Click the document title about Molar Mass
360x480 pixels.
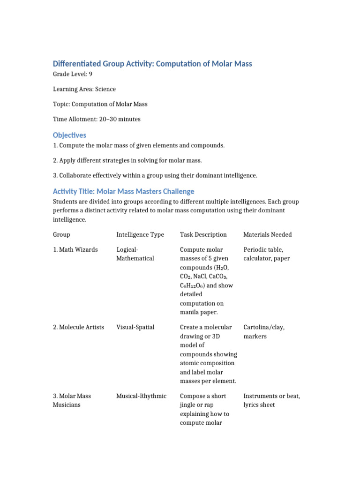[152, 64]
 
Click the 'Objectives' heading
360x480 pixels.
[69, 135]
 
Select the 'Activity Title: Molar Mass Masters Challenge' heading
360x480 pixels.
[123, 191]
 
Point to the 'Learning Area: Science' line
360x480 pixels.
[84, 89]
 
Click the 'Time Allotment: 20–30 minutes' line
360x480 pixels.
[97, 119]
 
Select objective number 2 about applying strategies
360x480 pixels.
[127, 160]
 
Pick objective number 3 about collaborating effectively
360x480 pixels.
[155, 175]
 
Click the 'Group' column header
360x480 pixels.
[61, 234]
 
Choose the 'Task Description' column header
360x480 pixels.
[203, 234]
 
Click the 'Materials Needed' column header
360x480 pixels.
[267, 234]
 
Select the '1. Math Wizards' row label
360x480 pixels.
[75, 249]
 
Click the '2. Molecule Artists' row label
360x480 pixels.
[79, 327]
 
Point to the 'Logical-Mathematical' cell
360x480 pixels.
[135, 254]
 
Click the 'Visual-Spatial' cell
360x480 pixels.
[135, 327]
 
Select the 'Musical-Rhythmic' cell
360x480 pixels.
[141, 396]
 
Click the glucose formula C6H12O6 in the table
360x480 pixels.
[193, 285]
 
